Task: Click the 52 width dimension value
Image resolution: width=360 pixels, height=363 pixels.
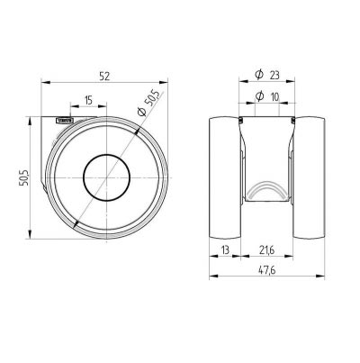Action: [104, 76]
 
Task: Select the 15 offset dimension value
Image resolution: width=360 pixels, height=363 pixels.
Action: [88, 101]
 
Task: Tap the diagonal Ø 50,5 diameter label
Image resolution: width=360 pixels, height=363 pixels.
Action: [150, 103]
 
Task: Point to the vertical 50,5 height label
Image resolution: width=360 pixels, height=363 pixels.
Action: [23, 178]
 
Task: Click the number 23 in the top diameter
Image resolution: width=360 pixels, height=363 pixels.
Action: [274, 75]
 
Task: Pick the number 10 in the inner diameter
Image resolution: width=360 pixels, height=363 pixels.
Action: [274, 96]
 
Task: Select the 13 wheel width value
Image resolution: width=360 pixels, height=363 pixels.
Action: [225, 250]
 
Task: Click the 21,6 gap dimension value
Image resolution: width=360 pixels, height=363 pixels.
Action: [267, 250]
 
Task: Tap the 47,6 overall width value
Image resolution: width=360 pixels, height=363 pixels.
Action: [267, 270]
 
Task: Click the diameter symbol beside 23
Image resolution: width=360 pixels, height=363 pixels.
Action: [259, 75]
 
